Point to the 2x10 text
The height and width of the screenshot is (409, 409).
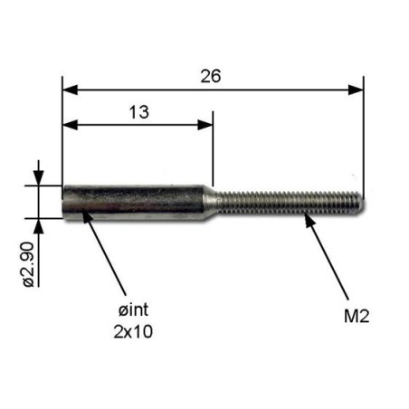[x=133, y=331]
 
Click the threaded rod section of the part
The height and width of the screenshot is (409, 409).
[x=290, y=201]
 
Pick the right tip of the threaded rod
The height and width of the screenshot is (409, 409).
[x=361, y=201]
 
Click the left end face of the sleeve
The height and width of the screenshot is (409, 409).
[x=64, y=201]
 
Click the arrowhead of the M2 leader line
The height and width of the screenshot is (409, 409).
[x=308, y=217]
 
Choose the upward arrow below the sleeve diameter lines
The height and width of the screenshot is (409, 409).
[x=38, y=223]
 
